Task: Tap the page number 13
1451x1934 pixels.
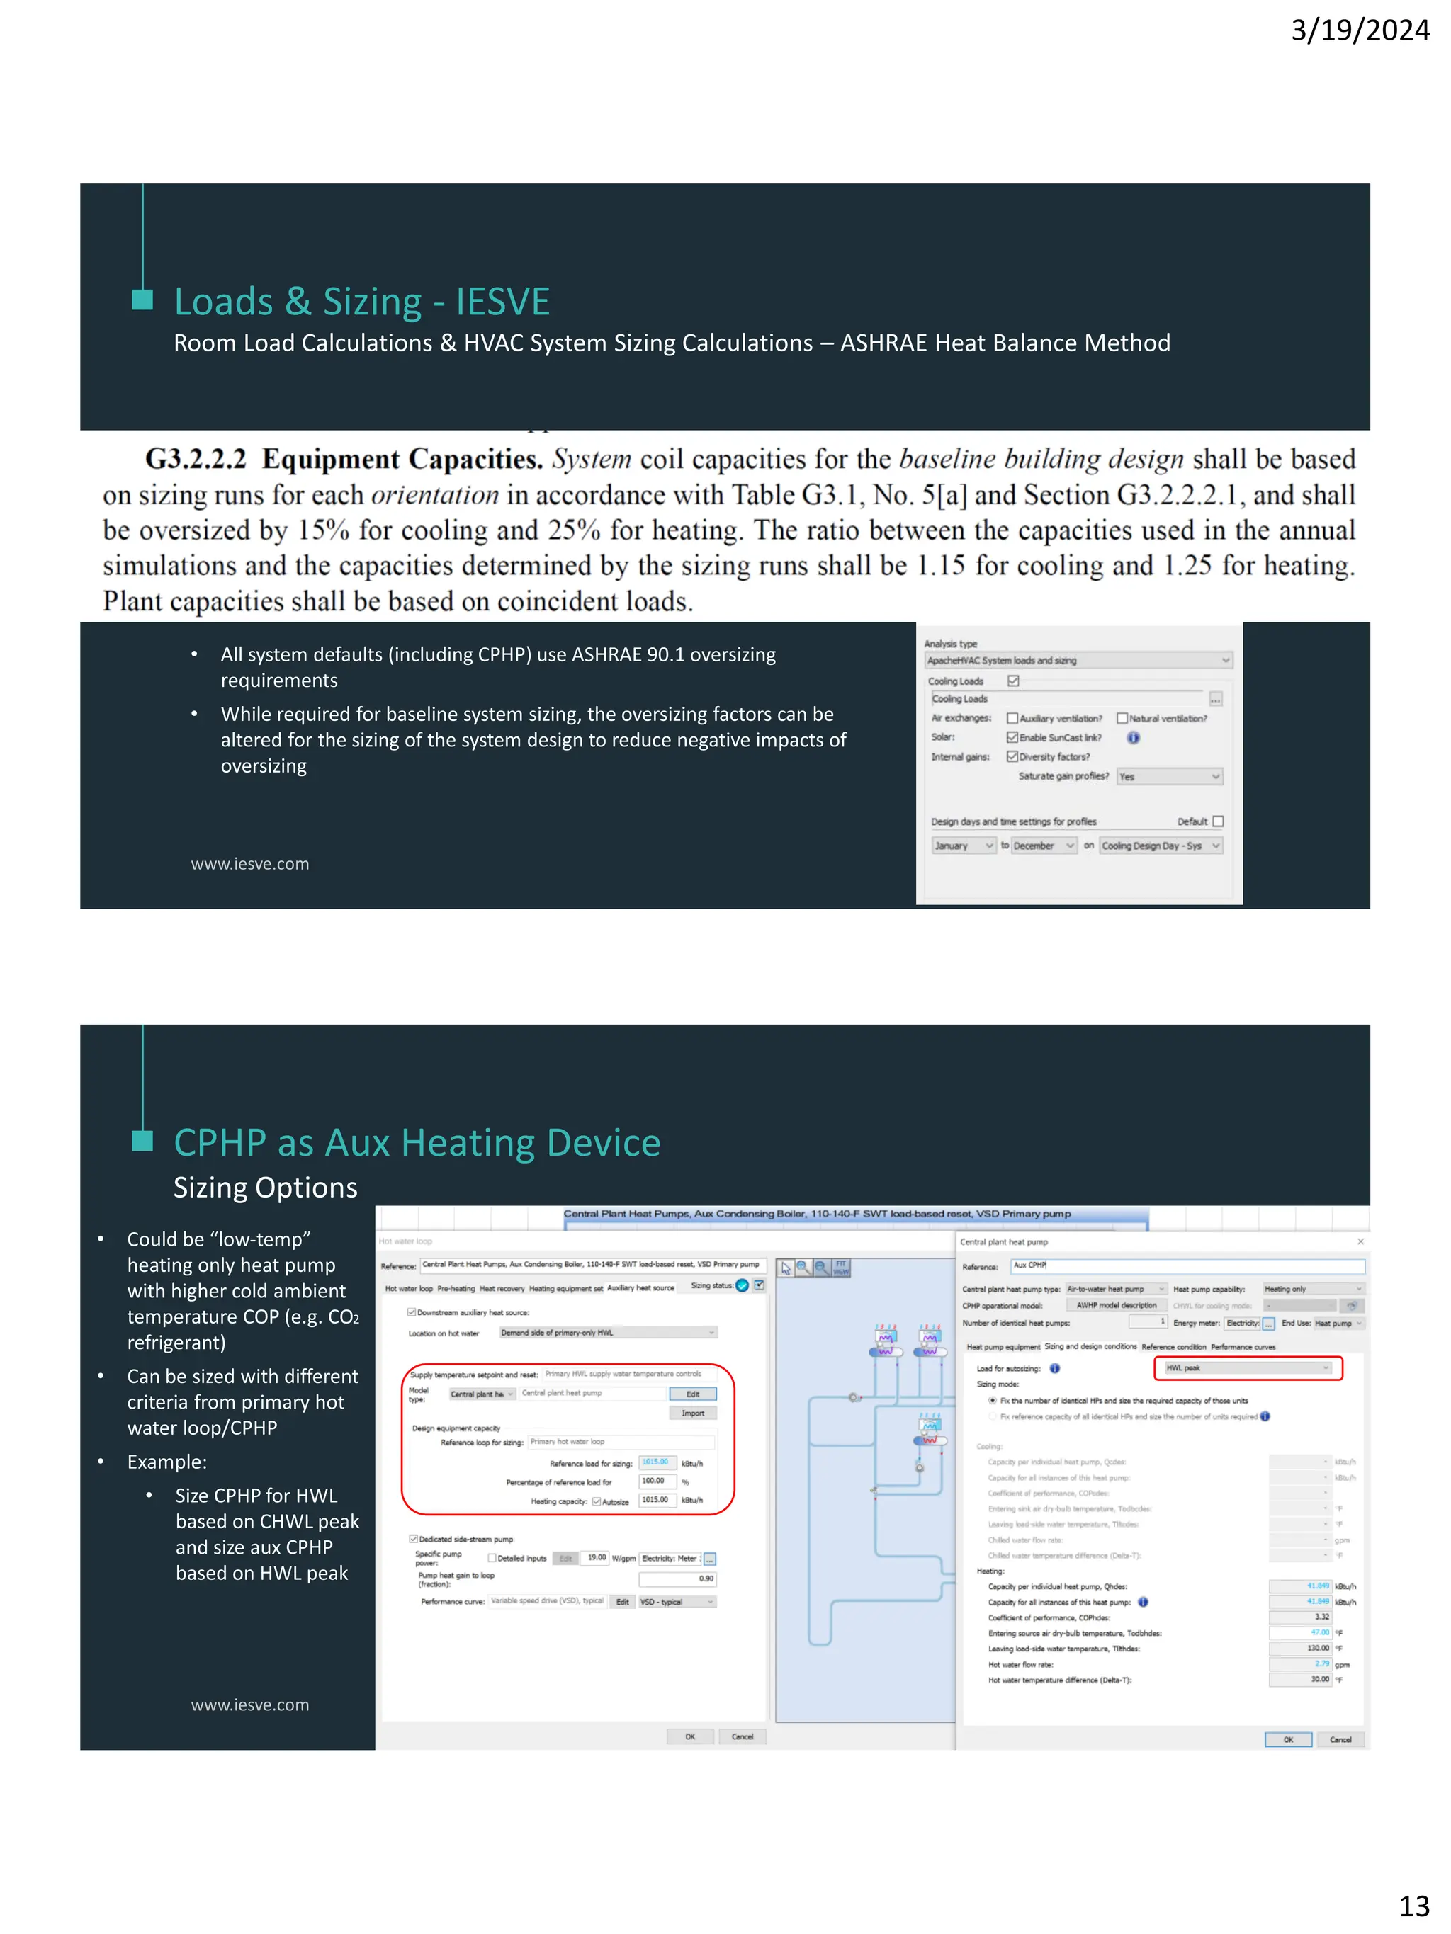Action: pos(1413,1904)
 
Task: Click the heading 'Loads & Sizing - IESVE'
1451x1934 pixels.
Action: pos(361,302)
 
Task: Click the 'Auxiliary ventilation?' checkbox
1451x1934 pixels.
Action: pos(1012,719)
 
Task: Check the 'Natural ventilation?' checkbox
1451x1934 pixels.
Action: pos(1122,719)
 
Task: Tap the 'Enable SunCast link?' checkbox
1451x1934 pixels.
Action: pos(1012,738)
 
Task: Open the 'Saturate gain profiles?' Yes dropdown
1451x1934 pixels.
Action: pos(1168,776)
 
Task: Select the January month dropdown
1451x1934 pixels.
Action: pos(962,846)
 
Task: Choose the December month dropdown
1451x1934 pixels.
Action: pos(1044,846)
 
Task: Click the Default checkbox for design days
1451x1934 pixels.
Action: pos(1217,822)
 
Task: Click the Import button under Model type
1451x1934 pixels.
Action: pos(693,1413)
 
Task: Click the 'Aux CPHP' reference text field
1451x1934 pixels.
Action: pos(1187,1265)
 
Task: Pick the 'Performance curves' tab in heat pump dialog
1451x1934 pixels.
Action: pos(1243,1346)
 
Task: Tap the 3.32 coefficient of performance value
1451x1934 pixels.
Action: pos(1301,1617)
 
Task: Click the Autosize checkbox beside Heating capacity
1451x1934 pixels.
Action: pos(597,1502)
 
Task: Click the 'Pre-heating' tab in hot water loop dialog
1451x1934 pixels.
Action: pos(456,1288)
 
